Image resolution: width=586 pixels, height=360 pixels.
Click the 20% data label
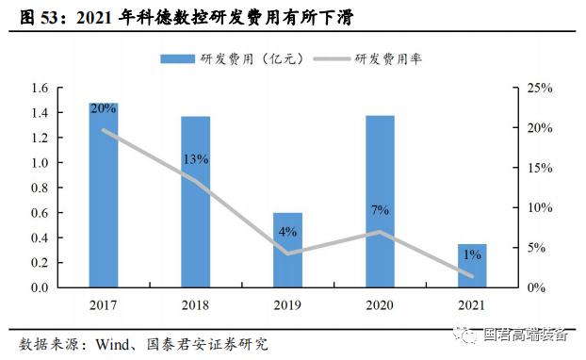tap(104, 108)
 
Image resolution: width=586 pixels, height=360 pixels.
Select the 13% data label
tap(196, 159)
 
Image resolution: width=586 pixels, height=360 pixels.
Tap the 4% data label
tap(287, 231)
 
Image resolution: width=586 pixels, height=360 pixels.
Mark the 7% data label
tap(380, 209)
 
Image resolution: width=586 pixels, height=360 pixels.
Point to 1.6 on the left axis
tap(39, 89)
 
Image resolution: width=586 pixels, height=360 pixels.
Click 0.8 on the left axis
tap(39, 188)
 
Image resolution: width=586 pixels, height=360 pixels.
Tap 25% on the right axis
tap(539, 89)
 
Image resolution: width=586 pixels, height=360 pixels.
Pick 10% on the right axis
tap(539, 207)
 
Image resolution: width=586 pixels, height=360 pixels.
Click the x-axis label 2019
tap(287, 305)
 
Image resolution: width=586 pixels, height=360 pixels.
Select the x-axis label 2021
tap(472, 305)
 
